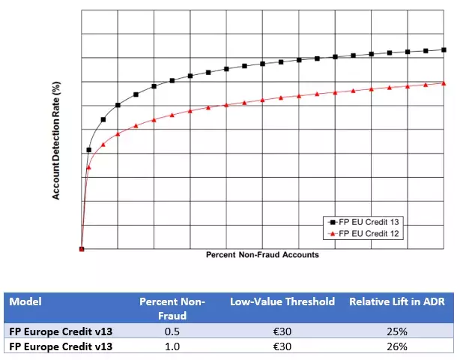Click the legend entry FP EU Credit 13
pyautogui.click(x=372, y=223)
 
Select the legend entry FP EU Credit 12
pyautogui.click(x=372, y=234)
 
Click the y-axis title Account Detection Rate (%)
pyautogui.click(x=56, y=140)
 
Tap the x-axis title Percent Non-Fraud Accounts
pyautogui.click(x=262, y=255)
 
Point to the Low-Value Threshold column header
pyautogui.click(x=282, y=301)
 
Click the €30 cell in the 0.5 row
pyautogui.click(x=282, y=331)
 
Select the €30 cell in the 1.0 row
pyautogui.click(x=282, y=346)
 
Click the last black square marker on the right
pyautogui.click(x=444, y=50)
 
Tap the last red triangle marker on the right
pyautogui.click(x=444, y=82)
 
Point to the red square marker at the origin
pyautogui.click(x=82, y=249)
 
